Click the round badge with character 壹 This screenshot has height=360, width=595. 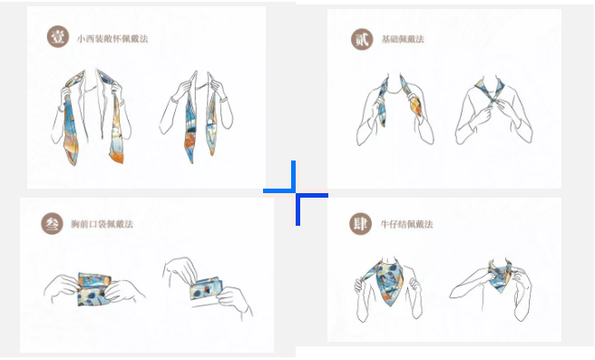[x=58, y=37]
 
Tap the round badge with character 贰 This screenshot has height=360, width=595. [x=362, y=39]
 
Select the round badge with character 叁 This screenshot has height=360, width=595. [x=52, y=224]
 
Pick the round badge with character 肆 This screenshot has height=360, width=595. [x=360, y=224]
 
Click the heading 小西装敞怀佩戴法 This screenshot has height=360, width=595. [x=112, y=39]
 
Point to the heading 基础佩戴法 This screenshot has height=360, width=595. [x=403, y=39]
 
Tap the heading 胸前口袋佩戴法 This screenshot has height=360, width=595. [x=102, y=224]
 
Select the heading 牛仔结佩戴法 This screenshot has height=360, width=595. [x=406, y=224]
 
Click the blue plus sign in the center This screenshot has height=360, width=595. [x=296, y=193]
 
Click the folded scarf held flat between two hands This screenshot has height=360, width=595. [x=94, y=289]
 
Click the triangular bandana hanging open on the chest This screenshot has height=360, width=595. [x=390, y=282]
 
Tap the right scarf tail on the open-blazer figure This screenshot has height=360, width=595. [x=116, y=128]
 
